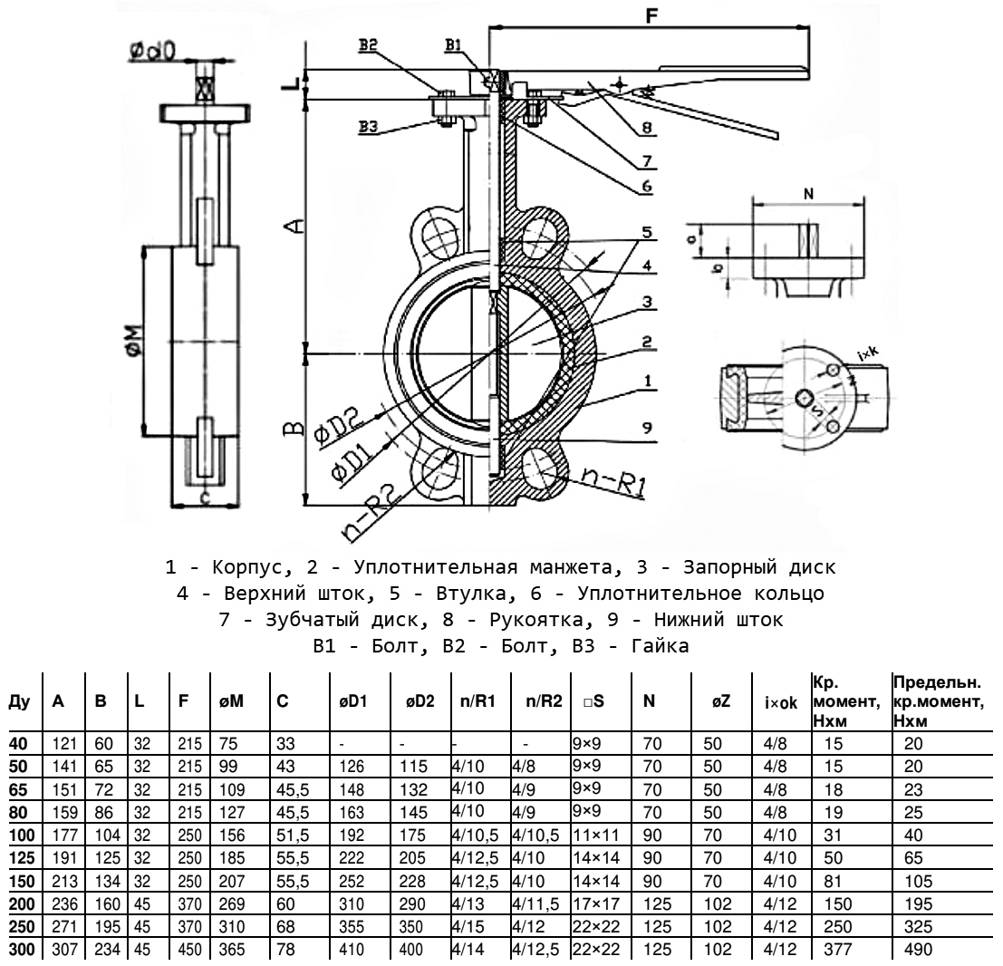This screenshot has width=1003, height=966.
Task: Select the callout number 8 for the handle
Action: point(647,129)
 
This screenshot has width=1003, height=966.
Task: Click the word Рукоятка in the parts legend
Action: point(631,621)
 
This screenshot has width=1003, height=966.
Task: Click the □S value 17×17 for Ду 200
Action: point(589,913)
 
